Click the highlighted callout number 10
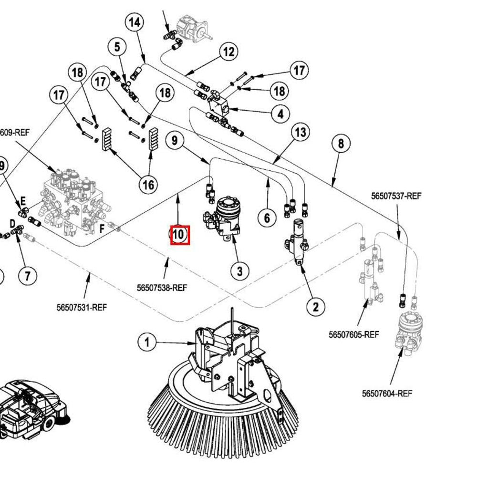(x=180, y=235)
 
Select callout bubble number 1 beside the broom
(x=147, y=342)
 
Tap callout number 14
(x=135, y=22)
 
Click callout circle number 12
(x=228, y=52)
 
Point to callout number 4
(x=280, y=114)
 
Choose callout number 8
(x=341, y=143)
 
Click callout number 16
(x=148, y=184)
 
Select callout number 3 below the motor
(x=239, y=271)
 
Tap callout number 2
(x=315, y=306)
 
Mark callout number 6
(x=267, y=218)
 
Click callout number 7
(x=27, y=275)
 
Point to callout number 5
(x=117, y=47)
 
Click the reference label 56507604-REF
(x=387, y=394)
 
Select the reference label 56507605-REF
(x=353, y=334)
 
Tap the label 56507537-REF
(x=396, y=196)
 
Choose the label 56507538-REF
(x=162, y=288)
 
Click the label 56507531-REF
(x=82, y=307)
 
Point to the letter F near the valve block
(x=102, y=229)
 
